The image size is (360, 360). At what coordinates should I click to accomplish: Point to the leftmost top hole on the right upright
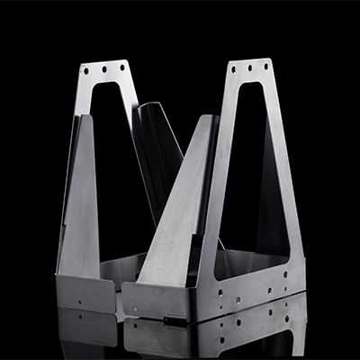point(235,69)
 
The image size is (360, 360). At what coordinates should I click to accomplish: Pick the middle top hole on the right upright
point(249,67)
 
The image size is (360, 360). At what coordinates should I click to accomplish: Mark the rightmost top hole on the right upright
point(265,65)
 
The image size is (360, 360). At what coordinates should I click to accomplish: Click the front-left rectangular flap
point(85,292)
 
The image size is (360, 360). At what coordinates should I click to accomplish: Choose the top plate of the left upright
point(104,70)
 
